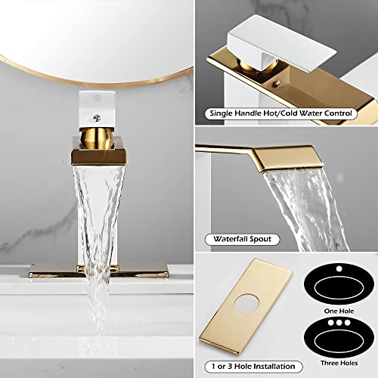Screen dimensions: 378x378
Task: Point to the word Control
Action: [x=337, y=113]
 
